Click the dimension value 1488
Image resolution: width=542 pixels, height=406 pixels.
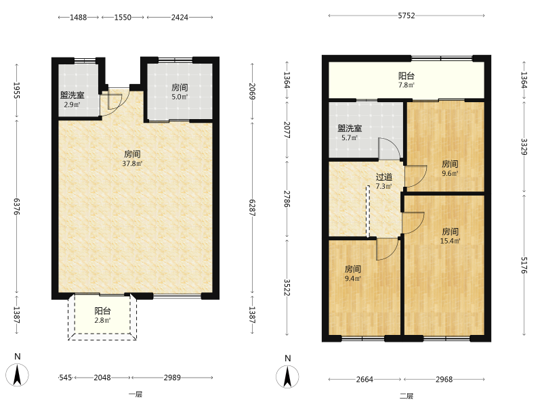click(x=79, y=18)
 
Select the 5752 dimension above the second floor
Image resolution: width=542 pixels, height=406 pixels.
click(x=406, y=16)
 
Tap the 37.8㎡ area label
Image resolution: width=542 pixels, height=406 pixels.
click(x=132, y=163)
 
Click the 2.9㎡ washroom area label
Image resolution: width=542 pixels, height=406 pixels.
click(x=72, y=104)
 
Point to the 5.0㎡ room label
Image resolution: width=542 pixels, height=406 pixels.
click(x=180, y=97)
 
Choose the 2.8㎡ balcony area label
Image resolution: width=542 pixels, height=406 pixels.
click(x=102, y=320)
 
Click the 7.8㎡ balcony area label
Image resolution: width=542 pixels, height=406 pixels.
click(x=406, y=85)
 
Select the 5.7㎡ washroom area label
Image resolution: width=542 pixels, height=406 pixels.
click(x=350, y=138)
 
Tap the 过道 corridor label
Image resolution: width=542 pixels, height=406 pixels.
click(x=383, y=177)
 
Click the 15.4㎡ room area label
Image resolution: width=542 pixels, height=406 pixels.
click(x=450, y=241)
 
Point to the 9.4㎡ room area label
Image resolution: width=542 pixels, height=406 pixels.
click(x=353, y=278)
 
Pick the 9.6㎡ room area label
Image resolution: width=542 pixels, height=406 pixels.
click(x=450, y=173)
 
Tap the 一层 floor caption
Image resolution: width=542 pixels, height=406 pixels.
click(x=135, y=394)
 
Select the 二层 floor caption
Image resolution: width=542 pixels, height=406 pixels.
click(x=406, y=396)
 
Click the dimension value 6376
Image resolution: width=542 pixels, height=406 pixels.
click(x=17, y=206)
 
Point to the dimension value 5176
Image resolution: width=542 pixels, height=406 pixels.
click(x=524, y=265)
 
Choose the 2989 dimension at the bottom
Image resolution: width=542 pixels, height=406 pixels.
click(x=172, y=378)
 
